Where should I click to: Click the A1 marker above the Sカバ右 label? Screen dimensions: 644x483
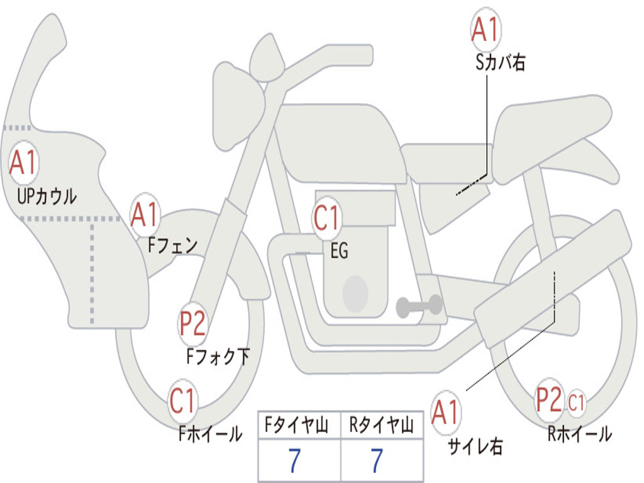[486, 29]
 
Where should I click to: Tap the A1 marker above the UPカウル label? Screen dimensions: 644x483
[23, 162]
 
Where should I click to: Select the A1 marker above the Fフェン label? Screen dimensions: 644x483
[145, 214]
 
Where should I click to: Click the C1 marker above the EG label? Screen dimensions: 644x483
[327, 218]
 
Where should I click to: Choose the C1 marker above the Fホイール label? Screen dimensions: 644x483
[182, 401]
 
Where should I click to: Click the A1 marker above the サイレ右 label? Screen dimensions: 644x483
[445, 412]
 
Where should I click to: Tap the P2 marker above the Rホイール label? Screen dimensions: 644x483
[549, 399]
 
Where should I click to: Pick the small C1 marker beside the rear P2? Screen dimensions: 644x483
[576, 402]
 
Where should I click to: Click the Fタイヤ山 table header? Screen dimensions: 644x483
[297, 425]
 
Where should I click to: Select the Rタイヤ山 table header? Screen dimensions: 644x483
[381, 425]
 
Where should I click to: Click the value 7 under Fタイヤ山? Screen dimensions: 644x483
[295, 460]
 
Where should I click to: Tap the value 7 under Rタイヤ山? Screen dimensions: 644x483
[377, 460]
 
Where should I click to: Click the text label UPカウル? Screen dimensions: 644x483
[47, 196]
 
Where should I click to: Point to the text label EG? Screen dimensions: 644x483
[339, 250]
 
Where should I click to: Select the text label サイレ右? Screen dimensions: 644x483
[475, 446]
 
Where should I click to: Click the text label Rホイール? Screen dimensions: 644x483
[579, 434]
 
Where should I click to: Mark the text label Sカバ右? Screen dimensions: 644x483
[500, 62]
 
